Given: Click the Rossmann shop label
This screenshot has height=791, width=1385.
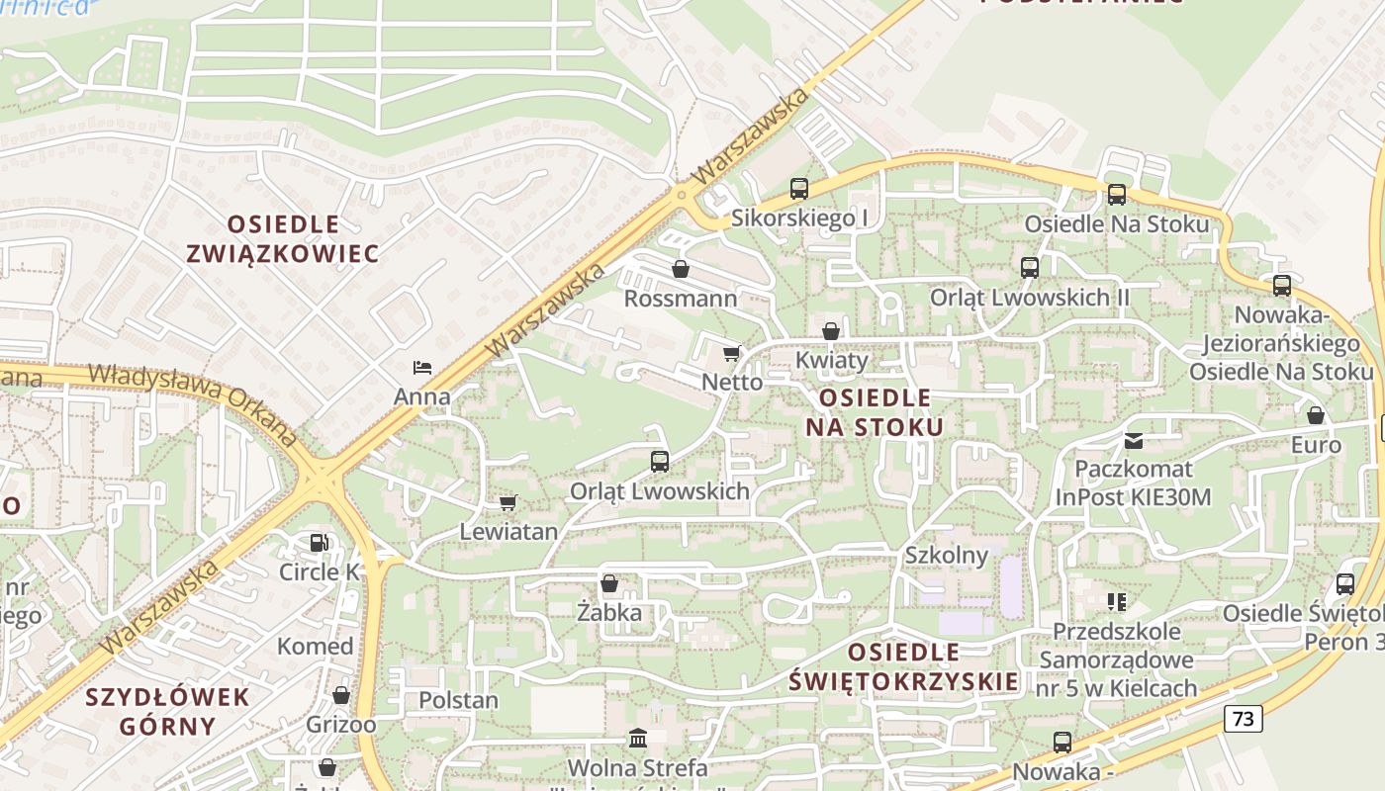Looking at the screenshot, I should pos(681,299).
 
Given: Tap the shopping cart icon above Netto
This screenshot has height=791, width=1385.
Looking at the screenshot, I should pos(731,354).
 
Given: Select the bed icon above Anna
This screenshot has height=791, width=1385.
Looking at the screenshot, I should pos(422,368).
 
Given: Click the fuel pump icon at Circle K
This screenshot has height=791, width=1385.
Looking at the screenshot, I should pos(319,543).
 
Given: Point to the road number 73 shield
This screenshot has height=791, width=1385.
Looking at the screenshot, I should pos(1244,719).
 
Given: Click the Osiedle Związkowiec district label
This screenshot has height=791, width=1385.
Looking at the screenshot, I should pos(283,238).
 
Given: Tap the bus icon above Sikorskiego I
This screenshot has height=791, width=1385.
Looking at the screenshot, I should pos(799,189).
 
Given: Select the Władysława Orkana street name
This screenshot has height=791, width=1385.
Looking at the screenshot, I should pos(194,404).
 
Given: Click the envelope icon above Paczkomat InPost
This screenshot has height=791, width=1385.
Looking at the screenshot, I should pos(1133,440).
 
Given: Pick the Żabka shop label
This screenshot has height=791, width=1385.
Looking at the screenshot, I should pos(609,613).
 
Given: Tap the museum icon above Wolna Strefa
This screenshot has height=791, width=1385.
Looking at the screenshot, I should pos(638,739).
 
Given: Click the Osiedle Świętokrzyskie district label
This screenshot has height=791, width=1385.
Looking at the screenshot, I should pos(904,666).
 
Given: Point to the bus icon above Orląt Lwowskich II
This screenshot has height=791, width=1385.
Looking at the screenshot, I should pos(1029,268).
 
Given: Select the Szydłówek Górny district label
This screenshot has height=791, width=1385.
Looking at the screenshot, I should pos(167,711).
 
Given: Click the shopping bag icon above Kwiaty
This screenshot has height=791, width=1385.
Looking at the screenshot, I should pos(831,331).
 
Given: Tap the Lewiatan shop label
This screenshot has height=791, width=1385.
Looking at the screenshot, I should pos(508,532).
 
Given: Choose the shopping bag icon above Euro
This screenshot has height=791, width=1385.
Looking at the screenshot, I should pos(1316,416).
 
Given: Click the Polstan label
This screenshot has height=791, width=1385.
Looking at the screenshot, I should pos(458,700).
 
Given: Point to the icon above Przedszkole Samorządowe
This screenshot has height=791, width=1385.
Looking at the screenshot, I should pos(1117,601).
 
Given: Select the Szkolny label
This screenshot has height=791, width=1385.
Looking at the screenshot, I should pos(947,555).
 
